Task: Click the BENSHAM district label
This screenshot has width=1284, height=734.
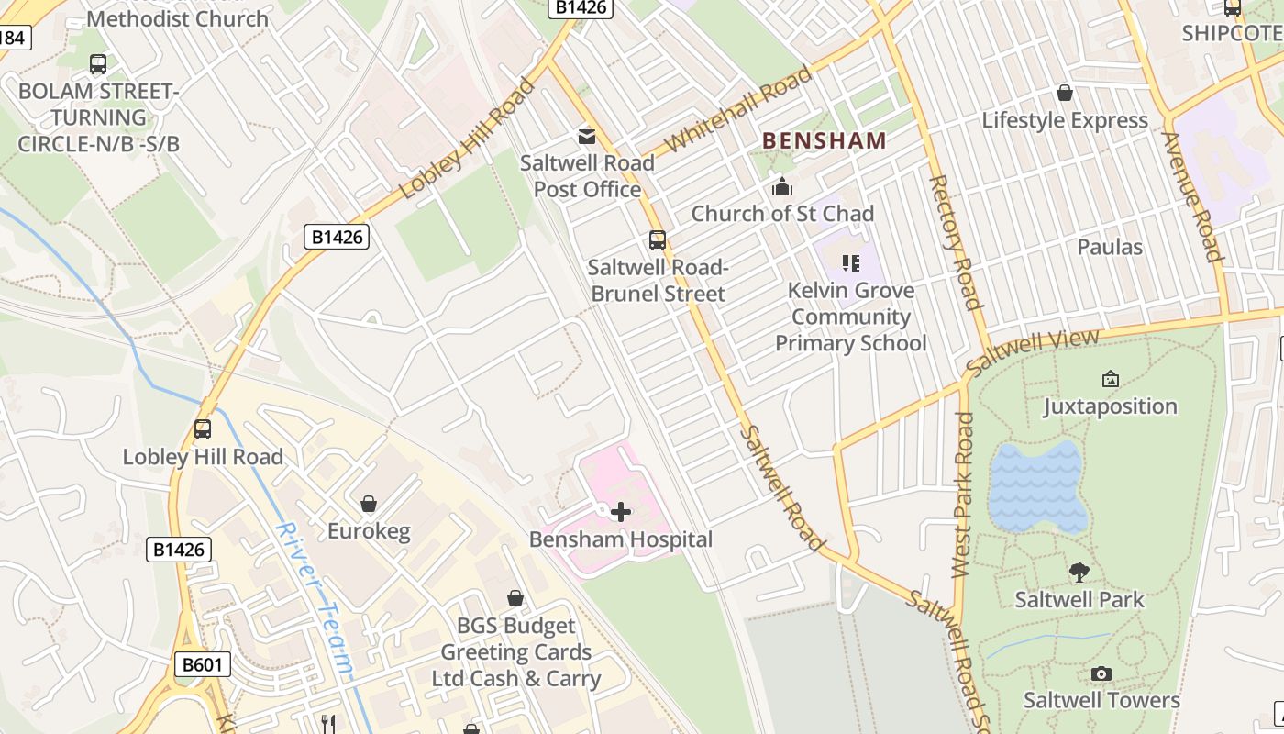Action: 825,140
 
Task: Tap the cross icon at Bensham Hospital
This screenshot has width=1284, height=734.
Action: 621,512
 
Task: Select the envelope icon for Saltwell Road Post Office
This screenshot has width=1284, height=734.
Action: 586,137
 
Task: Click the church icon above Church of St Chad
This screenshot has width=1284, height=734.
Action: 782,187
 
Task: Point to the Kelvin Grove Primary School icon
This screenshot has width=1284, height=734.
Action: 851,263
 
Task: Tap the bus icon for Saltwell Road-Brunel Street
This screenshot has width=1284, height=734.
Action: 658,240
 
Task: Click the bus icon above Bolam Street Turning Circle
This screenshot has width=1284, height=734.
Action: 98,64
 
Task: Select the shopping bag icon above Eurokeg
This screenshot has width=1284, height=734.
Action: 369,504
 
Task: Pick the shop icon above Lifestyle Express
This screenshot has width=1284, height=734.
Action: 1065,93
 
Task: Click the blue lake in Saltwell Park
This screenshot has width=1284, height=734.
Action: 1037,486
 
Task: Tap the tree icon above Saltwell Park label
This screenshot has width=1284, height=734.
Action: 1079,573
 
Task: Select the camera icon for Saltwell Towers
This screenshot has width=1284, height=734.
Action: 1101,673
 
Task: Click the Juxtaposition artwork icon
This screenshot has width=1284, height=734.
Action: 1110,379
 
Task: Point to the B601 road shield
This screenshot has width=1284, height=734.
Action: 202,664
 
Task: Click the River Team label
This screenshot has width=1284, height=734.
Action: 314,600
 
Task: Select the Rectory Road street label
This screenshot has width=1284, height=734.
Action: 955,242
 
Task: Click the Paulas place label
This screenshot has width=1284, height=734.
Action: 1110,247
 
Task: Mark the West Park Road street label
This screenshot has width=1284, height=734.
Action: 962,495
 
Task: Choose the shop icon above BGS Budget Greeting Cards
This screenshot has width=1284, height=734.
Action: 515,598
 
